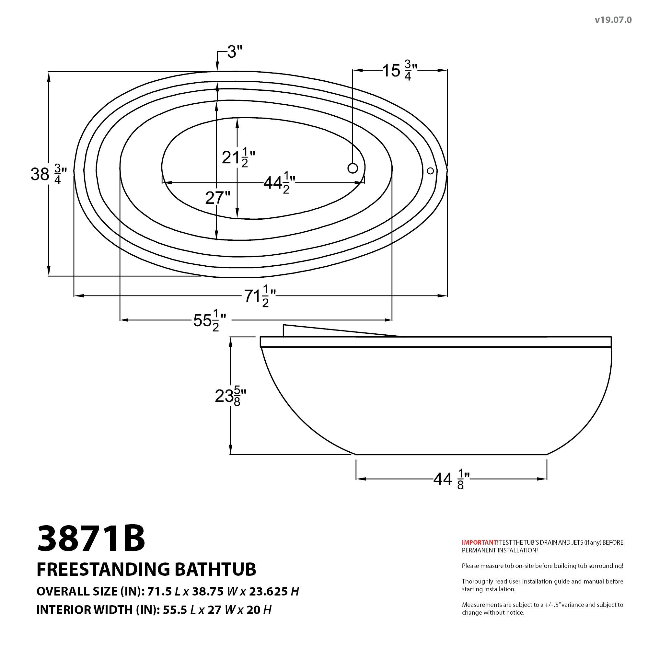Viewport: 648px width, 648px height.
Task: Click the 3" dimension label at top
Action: pos(234,52)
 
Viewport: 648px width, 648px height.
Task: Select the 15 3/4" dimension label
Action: pos(400,71)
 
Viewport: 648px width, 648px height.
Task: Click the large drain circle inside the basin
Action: pos(353,168)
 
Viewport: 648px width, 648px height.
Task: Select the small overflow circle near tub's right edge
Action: pos(430,171)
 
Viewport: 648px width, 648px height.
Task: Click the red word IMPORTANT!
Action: pos(480,542)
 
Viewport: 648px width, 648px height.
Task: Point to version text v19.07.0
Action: pos(613,20)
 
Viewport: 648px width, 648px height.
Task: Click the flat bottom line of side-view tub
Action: pos(451,455)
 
